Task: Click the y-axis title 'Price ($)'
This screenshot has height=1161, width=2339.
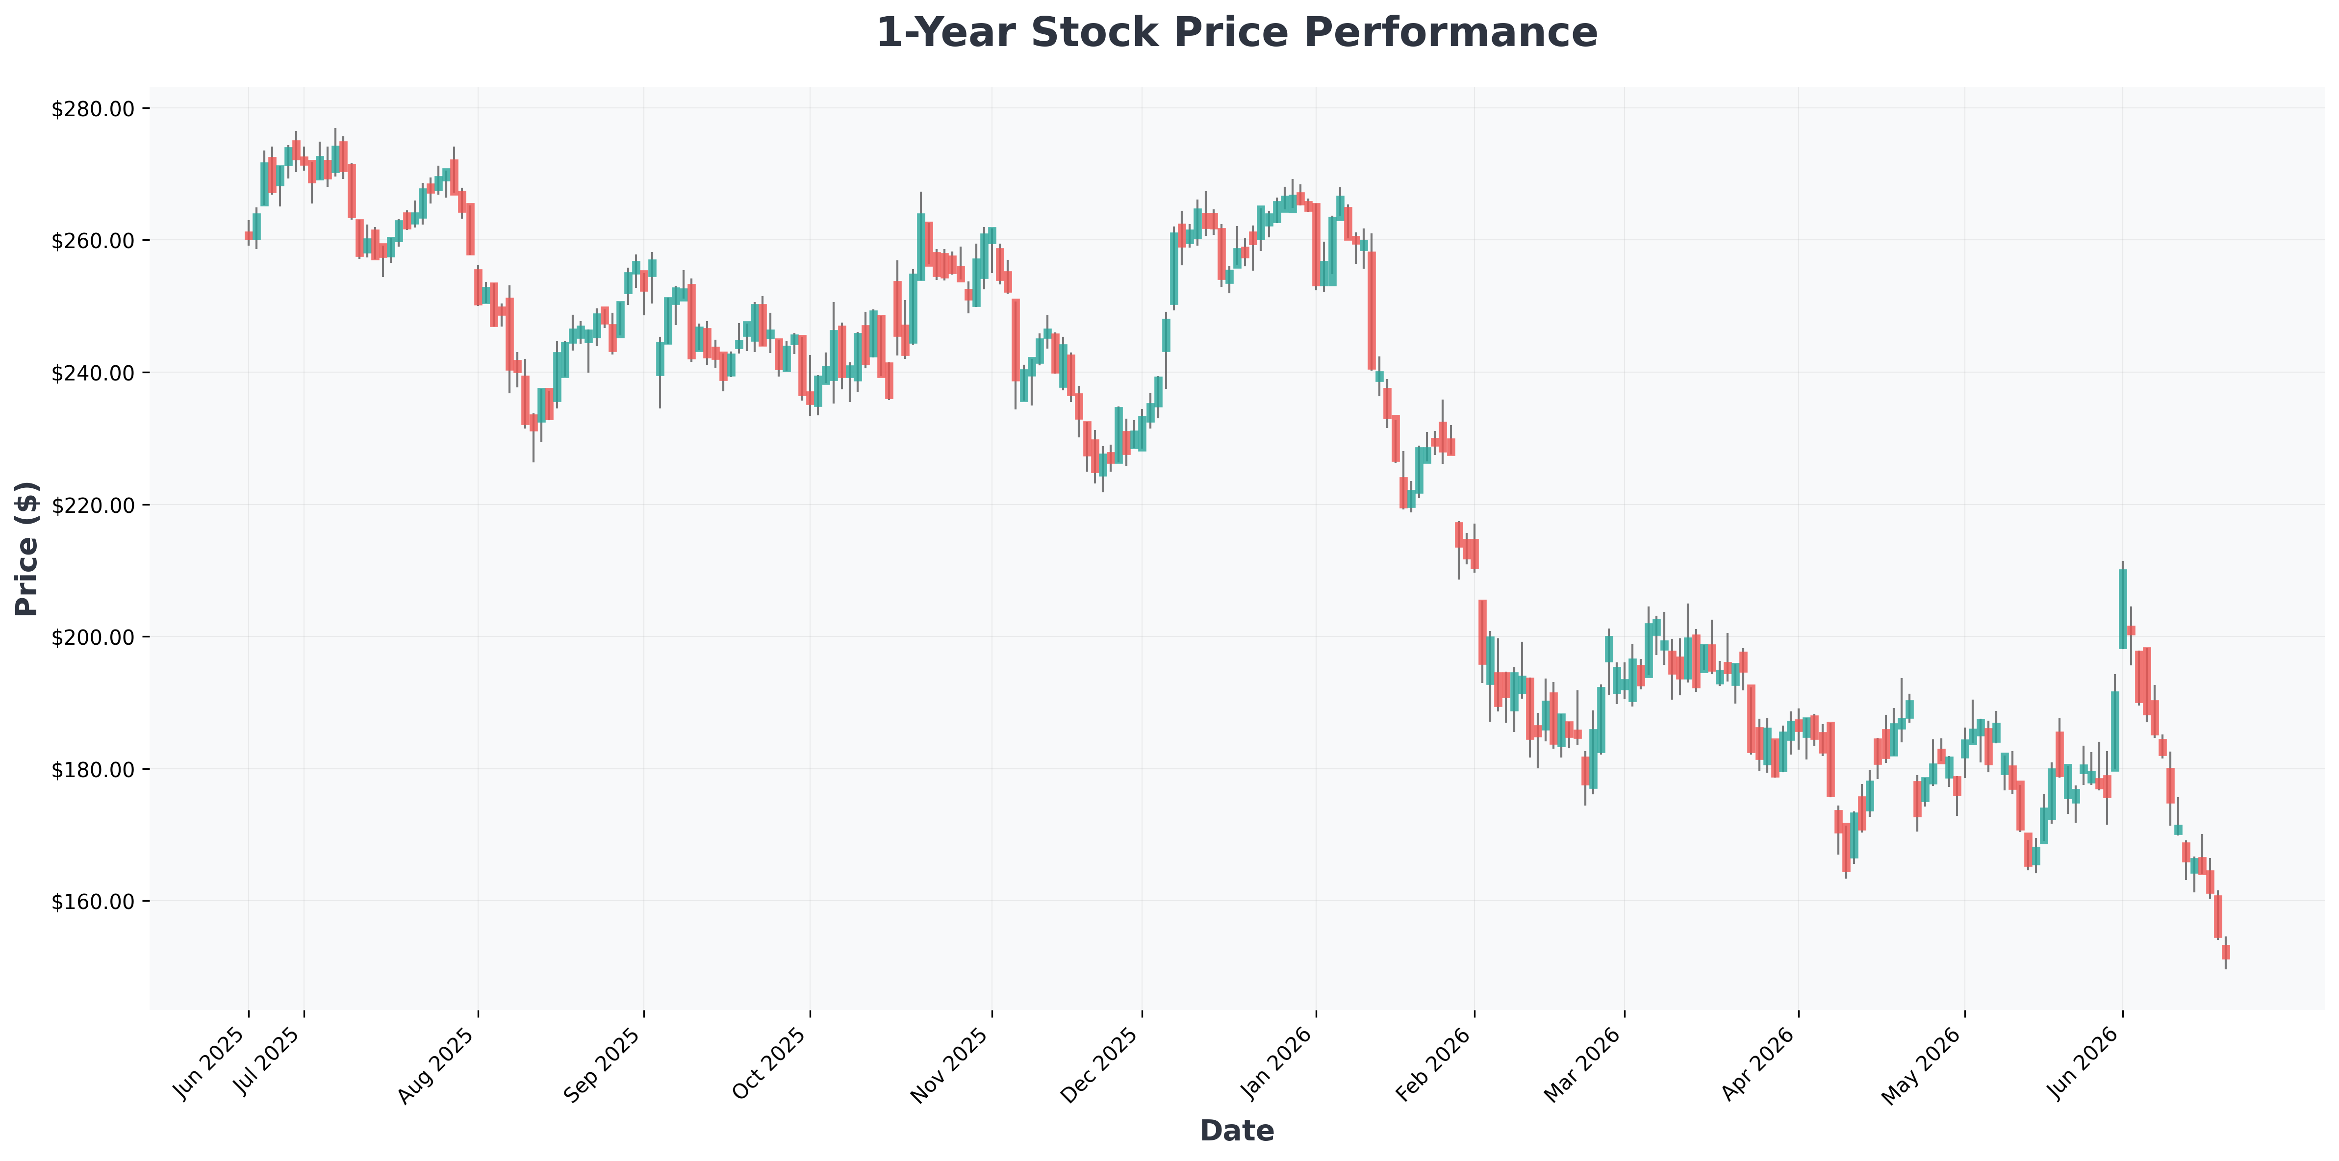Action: tap(27, 548)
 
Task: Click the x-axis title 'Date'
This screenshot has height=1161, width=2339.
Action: tap(1237, 1130)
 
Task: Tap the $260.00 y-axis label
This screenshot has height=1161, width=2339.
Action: tap(94, 241)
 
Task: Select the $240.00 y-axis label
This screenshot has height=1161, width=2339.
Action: tap(94, 373)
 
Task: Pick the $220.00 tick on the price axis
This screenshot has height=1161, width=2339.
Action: tap(94, 505)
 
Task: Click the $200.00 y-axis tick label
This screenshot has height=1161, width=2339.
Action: tap(94, 637)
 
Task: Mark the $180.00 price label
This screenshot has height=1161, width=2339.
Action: tap(94, 769)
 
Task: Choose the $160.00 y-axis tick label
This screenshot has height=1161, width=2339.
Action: tap(94, 901)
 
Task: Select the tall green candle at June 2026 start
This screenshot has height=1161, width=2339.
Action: tap(2123, 608)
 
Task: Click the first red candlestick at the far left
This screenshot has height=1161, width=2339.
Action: tap(249, 236)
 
